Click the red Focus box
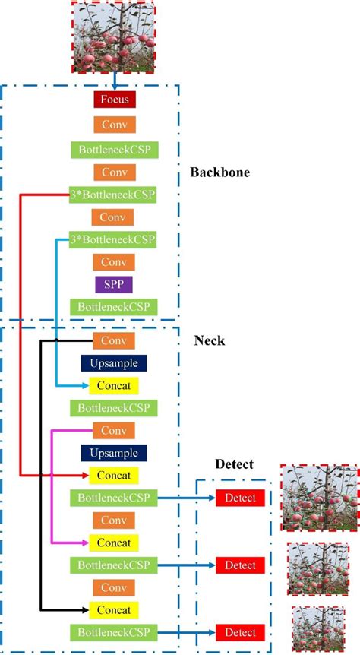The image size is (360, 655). coord(114,100)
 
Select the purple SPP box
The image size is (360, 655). coord(114,284)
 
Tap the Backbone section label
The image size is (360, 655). coord(220,172)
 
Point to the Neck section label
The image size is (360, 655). coord(210,341)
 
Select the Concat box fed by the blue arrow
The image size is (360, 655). coord(114,385)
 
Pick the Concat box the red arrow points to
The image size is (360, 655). coord(114,476)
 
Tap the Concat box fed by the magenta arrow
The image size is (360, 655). coord(114,543)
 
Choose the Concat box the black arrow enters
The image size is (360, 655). coord(114,609)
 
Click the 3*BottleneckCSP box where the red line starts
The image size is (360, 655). coord(114,194)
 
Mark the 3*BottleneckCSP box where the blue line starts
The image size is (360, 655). coord(114,239)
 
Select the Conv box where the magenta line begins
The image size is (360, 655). coord(114,431)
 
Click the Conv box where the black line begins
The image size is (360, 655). coord(114,340)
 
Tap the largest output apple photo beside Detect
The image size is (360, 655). coord(314,498)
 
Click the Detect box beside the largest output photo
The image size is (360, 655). coord(240,498)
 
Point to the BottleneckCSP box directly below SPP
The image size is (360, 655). coord(114,306)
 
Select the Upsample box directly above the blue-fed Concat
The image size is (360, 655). coord(114,362)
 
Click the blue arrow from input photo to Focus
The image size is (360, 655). coord(113,81)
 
